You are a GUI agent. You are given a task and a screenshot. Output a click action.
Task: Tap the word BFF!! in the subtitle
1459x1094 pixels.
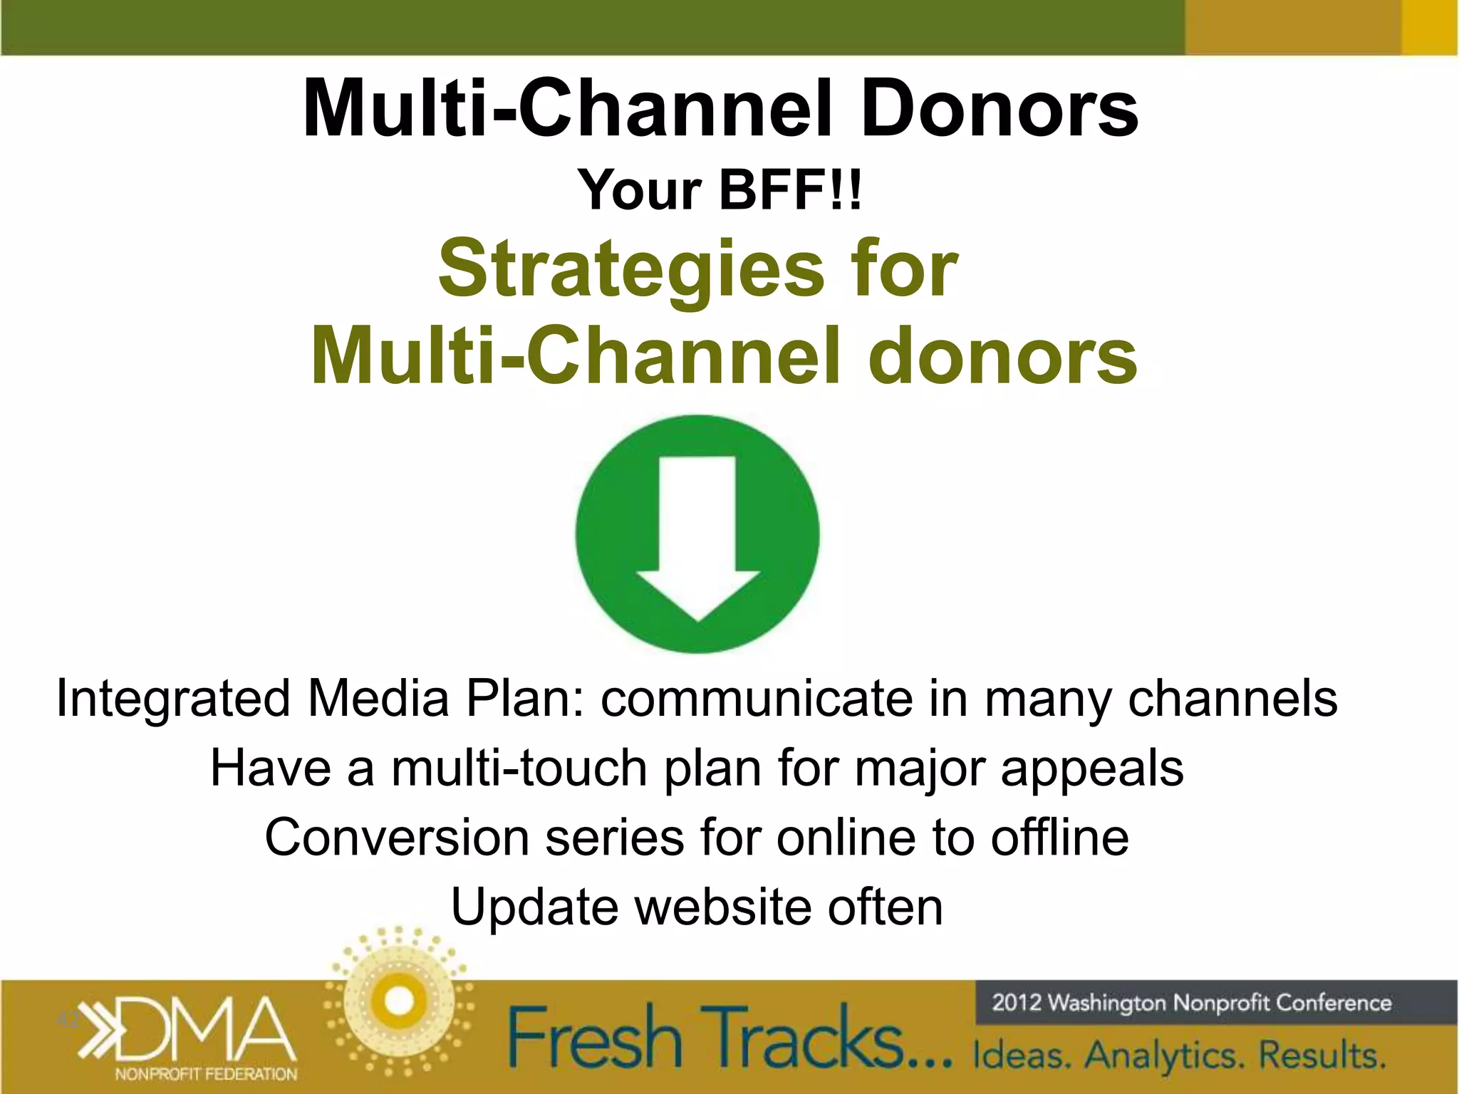tap(791, 190)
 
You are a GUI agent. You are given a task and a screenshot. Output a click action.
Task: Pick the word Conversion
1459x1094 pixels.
tap(396, 838)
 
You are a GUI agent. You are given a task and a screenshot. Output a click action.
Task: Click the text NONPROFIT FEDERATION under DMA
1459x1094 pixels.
tap(206, 1073)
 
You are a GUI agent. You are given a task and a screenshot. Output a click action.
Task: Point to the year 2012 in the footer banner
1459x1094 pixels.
tap(1017, 1003)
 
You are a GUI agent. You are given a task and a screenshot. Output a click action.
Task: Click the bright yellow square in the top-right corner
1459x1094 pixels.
tap(1430, 27)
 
